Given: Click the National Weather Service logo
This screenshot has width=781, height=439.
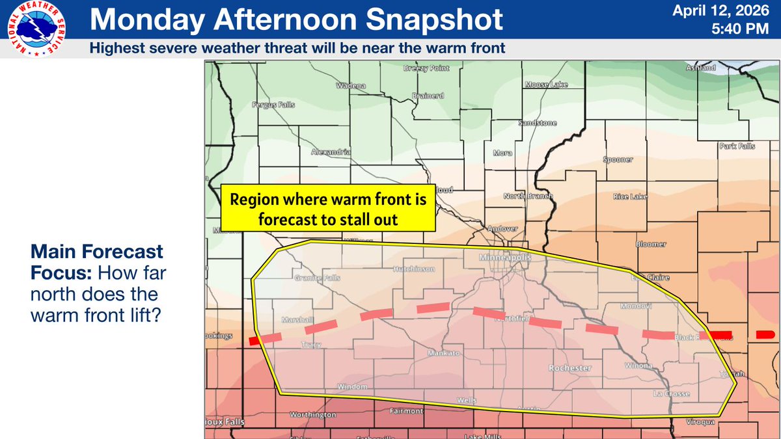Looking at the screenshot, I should click(40, 30).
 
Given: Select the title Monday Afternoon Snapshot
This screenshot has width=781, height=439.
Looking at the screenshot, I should click(296, 20).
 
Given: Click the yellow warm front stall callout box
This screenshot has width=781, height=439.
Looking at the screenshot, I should click(327, 210).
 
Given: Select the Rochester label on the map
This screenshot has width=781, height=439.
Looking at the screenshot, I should click(570, 368).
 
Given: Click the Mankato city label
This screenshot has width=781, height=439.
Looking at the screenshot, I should click(444, 353).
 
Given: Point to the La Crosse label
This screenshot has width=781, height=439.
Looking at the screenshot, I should click(672, 394).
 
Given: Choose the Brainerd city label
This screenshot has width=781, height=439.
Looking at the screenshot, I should click(428, 96).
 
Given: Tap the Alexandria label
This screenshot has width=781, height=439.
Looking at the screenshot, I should click(331, 152).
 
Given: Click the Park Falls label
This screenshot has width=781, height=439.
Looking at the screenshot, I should click(737, 146).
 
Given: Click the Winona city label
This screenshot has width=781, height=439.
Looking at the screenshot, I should click(640, 366).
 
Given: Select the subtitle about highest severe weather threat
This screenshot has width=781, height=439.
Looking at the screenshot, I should click(297, 47).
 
